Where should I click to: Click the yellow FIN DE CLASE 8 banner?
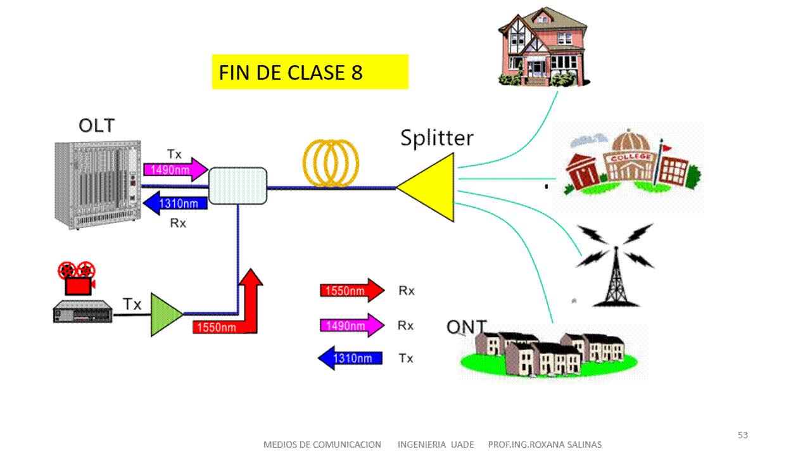(310, 72)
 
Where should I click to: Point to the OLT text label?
(97, 125)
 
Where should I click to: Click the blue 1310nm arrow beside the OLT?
(175, 203)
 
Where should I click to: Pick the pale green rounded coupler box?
(237, 186)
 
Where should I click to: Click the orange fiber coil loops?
(330, 163)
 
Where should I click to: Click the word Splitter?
(436, 137)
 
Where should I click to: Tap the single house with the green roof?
(543, 47)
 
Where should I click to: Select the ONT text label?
(466, 327)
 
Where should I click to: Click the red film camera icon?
(76, 278)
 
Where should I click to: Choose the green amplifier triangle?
(165, 314)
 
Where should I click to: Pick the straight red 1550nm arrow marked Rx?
(351, 291)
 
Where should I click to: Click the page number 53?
(743, 435)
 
